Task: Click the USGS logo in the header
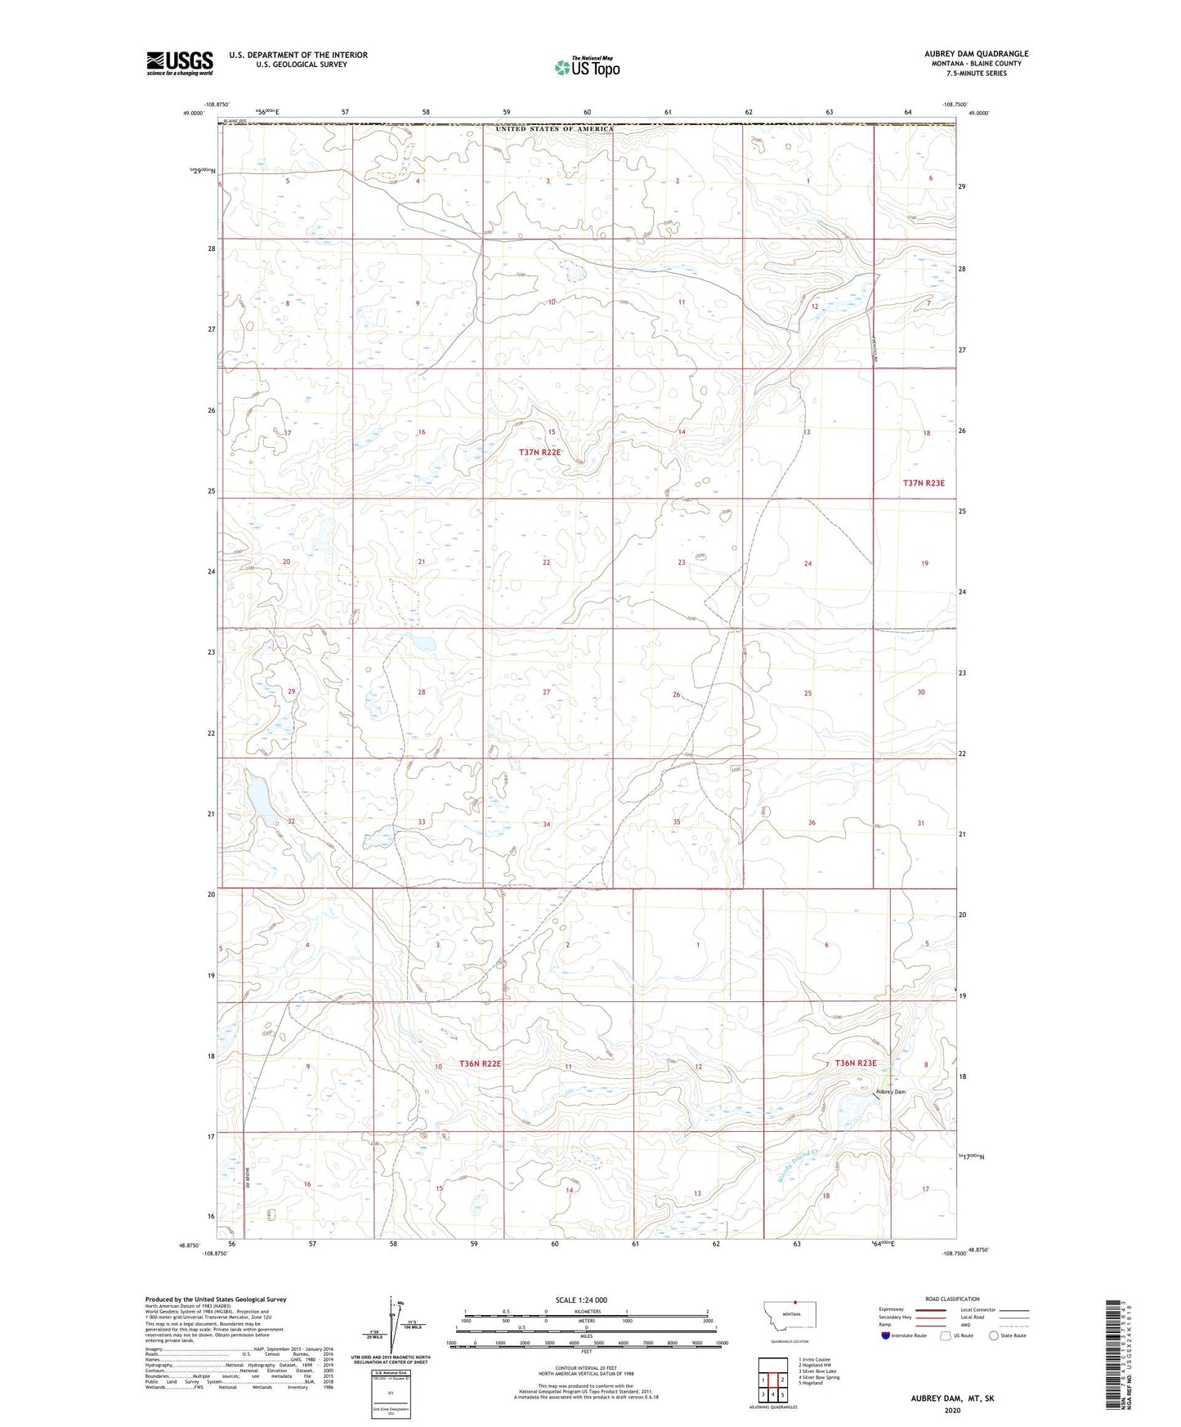pyautogui.click(x=179, y=63)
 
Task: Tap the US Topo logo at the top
pyautogui.click(x=587, y=67)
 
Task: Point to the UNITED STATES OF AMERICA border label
pyautogui.click(x=554, y=129)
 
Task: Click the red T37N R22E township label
pyautogui.click(x=540, y=452)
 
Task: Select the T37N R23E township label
pyautogui.click(x=924, y=483)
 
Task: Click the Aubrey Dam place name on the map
pyautogui.click(x=890, y=1092)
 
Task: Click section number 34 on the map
pyautogui.click(x=546, y=824)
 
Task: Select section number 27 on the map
pyautogui.click(x=546, y=692)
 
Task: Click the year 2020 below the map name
pyautogui.click(x=952, y=1410)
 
